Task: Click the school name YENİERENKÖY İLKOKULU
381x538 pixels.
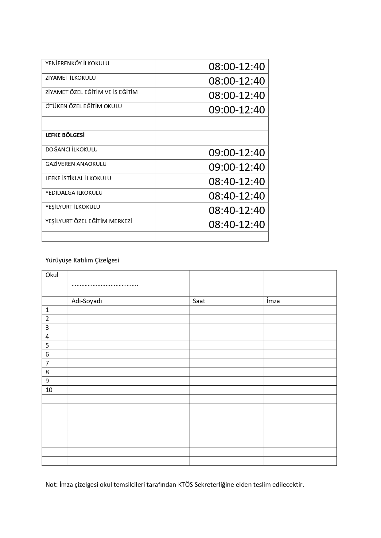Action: [x=77, y=63]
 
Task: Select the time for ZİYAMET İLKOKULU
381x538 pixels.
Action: [x=237, y=81]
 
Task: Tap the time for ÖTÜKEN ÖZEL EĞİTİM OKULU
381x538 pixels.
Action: [x=237, y=110]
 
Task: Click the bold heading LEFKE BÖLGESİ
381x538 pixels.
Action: [x=65, y=135]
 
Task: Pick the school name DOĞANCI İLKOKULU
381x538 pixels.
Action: [x=72, y=150]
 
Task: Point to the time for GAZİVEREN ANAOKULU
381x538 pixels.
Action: [x=237, y=167]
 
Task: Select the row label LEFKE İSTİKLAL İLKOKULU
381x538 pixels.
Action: [x=78, y=178]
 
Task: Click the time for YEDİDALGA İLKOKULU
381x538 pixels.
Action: [x=237, y=196]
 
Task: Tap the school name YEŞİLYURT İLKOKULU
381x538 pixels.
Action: [x=73, y=207]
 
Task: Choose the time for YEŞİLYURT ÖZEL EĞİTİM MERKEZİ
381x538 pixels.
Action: [x=237, y=224]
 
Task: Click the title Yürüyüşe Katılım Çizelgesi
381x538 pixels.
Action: [x=82, y=260]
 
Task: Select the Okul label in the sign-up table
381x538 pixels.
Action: [x=52, y=275]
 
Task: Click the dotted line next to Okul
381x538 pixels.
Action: [x=105, y=284]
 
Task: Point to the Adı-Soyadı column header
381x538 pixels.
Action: [x=87, y=301]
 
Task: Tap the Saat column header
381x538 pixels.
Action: [x=199, y=301]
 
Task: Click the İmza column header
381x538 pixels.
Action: [x=273, y=301]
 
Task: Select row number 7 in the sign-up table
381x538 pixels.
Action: [x=47, y=363]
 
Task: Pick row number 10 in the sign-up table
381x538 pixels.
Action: [x=49, y=390]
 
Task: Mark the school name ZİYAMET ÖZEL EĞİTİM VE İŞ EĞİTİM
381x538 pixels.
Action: [x=91, y=92]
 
